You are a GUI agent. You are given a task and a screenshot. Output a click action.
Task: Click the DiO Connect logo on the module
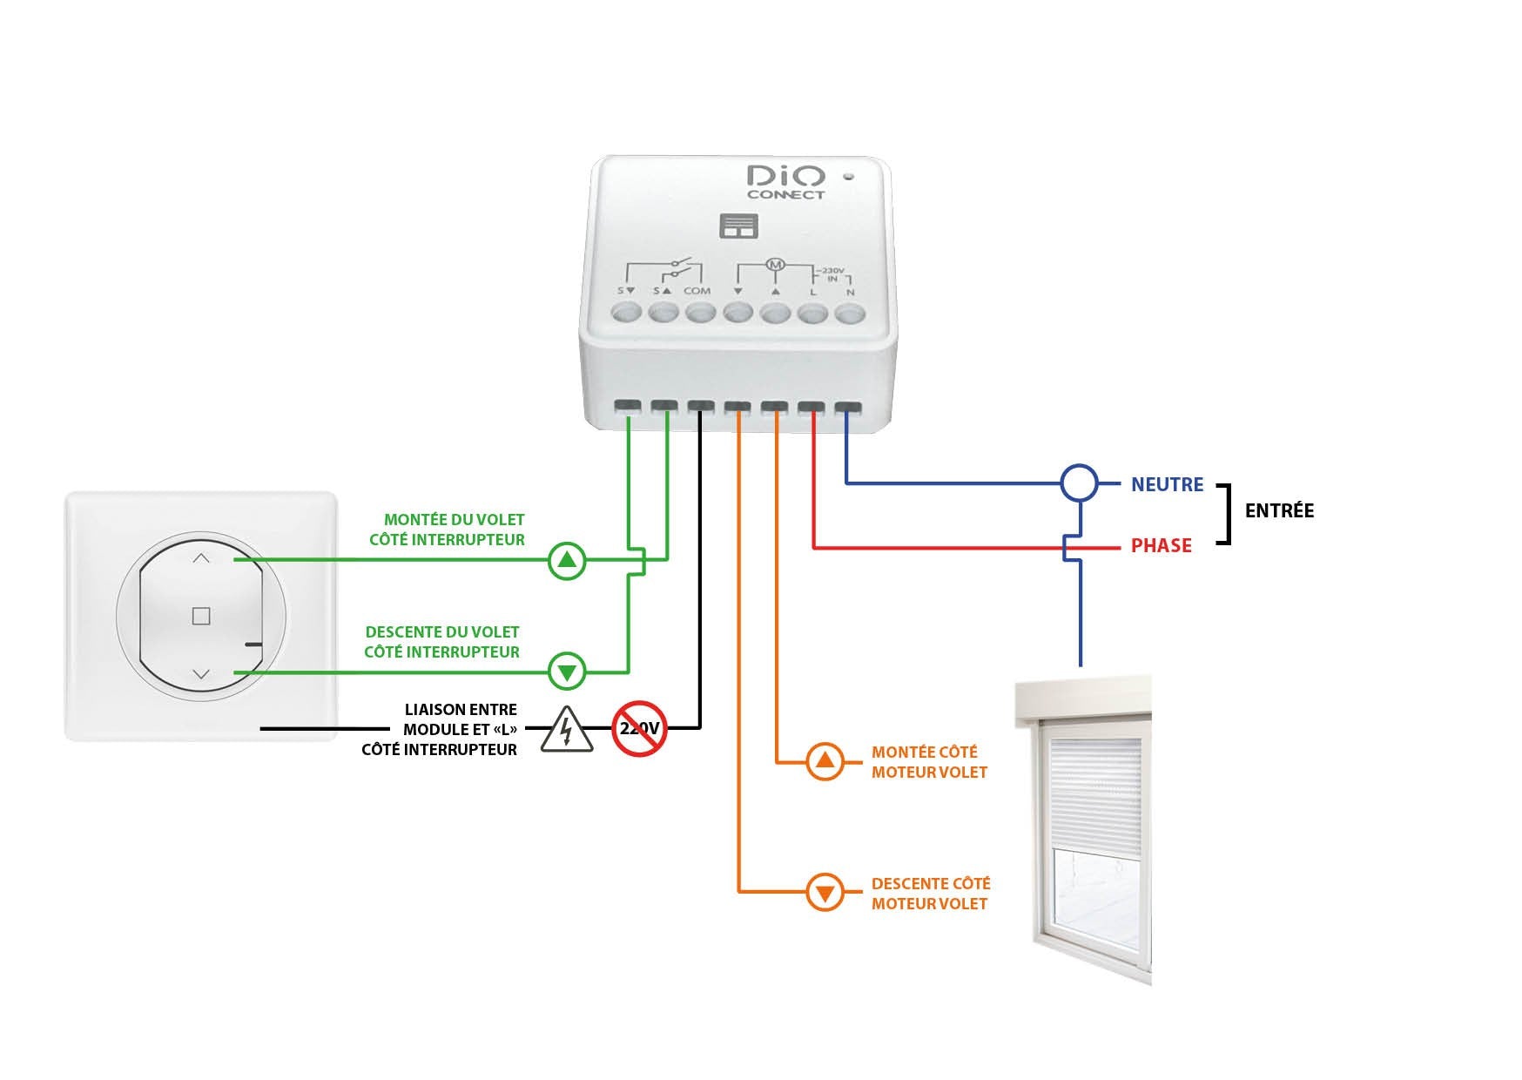click(x=785, y=182)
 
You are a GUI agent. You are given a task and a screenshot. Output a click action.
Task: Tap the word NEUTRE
click(x=1167, y=484)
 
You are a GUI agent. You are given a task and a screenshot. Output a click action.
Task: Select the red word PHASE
click(x=1161, y=546)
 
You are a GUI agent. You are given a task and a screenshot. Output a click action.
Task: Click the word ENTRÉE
click(x=1279, y=511)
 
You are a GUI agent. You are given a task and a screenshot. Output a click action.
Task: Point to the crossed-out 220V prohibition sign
click(x=639, y=728)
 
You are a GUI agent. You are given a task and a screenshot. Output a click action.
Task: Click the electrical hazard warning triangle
click(x=567, y=730)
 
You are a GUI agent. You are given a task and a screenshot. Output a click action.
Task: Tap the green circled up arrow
click(x=568, y=561)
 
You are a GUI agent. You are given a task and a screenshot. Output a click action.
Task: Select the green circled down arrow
click(x=568, y=672)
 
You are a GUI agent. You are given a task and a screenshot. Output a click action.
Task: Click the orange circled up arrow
click(x=825, y=762)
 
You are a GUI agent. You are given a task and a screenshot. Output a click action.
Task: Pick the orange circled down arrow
click(x=825, y=892)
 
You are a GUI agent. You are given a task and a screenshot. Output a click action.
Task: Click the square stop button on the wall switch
click(x=201, y=617)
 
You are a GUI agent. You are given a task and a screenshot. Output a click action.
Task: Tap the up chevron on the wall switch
click(x=201, y=558)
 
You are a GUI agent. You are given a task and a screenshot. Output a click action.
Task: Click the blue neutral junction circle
click(x=1080, y=483)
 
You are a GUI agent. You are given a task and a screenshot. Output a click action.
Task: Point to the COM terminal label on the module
click(x=697, y=291)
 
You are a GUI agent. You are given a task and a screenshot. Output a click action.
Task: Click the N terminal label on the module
click(x=850, y=293)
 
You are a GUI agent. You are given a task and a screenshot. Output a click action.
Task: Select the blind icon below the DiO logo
click(x=739, y=226)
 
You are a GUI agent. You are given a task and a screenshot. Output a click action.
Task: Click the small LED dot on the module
click(x=849, y=177)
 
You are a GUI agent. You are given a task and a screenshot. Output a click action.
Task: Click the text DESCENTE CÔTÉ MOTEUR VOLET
click(x=930, y=894)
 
